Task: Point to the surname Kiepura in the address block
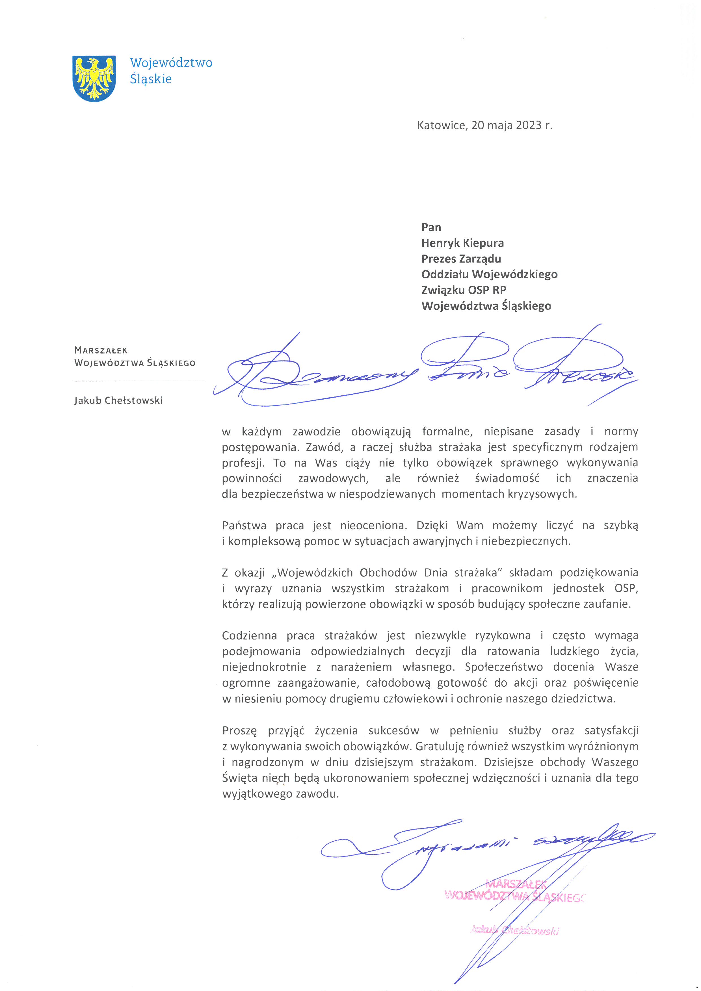[484, 243]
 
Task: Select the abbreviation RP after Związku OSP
[499, 290]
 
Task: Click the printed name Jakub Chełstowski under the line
[118, 400]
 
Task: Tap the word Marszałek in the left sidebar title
[101, 350]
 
